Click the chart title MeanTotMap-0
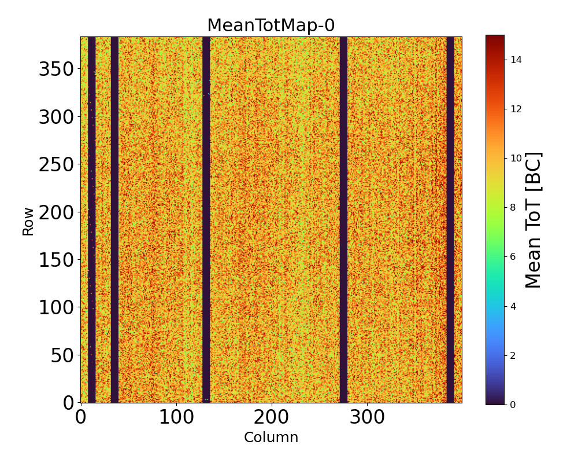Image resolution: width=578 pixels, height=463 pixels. coord(271,25)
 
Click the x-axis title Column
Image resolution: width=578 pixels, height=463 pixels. coord(271,438)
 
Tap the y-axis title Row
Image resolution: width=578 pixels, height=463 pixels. coord(28,222)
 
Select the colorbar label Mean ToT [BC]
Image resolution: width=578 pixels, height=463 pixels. coord(533,220)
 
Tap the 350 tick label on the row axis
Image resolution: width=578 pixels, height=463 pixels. coord(56,69)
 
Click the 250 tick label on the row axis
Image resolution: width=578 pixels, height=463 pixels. coord(56,164)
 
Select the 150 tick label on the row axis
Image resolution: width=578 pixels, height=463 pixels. coord(56,260)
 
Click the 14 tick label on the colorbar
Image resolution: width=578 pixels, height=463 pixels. coord(516,60)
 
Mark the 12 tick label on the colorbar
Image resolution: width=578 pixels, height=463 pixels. coord(516,109)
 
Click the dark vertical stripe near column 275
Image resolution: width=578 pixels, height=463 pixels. coord(343,220)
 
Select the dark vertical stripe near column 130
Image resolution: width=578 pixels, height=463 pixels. coord(206,220)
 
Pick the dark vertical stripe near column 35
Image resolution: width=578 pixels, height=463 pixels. coord(114,220)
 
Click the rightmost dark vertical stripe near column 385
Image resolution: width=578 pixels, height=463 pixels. coord(450,220)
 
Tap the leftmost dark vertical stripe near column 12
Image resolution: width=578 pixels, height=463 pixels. coord(91,220)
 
